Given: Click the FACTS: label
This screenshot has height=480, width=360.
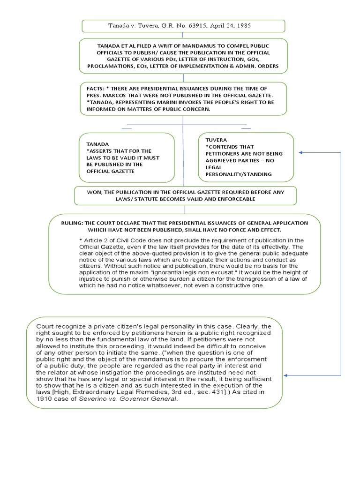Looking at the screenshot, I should [97, 89].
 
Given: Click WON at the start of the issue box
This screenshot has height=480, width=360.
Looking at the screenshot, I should [94, 192].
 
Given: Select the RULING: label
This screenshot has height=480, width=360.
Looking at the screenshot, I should [74, 223].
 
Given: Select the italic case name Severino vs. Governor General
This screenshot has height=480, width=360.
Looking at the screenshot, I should [129, 398].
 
